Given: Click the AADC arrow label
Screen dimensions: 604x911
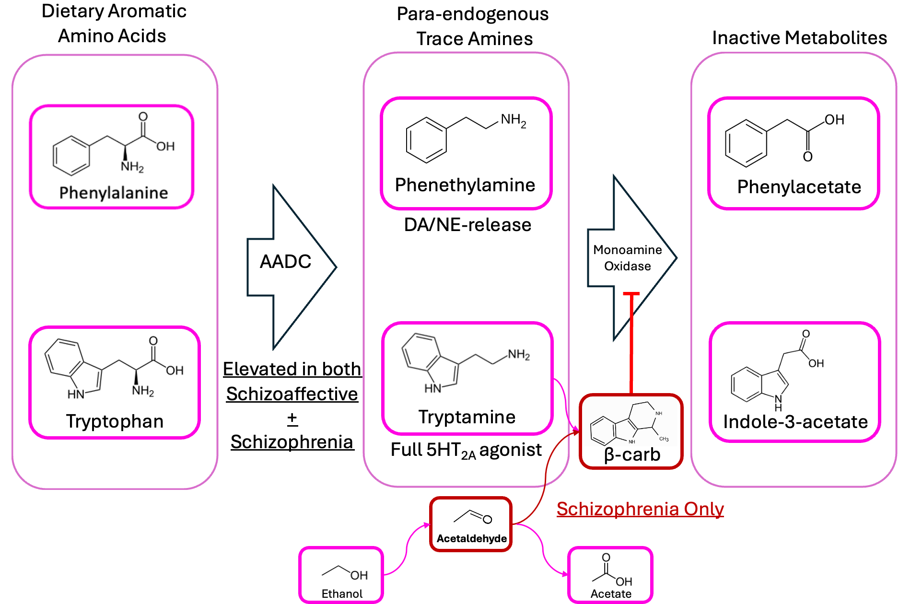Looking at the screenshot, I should pos(285,262).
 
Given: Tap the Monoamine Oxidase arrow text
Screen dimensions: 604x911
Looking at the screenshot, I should pos(627,258).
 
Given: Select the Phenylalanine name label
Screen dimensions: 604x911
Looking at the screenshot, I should pos(114,193).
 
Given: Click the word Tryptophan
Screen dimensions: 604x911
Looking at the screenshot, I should pos(115,421).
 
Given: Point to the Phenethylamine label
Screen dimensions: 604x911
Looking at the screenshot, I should pos(465,185).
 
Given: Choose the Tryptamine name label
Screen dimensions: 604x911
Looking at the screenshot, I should pos(467,417).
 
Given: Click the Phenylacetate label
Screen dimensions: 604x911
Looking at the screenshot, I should pos(799,187).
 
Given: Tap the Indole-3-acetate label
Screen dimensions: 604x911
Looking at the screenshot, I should pos(795,422).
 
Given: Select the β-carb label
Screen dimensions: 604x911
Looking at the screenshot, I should pos(632,454).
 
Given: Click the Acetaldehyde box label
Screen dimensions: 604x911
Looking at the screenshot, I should pos(471,538).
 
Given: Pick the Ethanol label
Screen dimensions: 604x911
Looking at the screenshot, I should pos(342,593).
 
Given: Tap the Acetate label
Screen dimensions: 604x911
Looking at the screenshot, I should pos(611,593).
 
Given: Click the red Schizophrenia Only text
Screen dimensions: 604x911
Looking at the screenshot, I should pos(640,509).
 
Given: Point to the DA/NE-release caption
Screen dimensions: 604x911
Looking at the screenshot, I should pos(467,225).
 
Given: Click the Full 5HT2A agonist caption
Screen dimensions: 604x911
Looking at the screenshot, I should pos(466,450).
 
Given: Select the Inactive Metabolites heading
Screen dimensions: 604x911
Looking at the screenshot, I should pos(799,38).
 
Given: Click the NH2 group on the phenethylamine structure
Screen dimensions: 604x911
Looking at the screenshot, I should pos(513,120).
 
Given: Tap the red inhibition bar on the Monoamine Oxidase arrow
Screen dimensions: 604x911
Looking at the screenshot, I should pos(631,293).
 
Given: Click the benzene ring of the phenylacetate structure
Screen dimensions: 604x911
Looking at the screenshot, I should pos(746,143).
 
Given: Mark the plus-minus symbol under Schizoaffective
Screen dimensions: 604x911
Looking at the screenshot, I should pos(292,418).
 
